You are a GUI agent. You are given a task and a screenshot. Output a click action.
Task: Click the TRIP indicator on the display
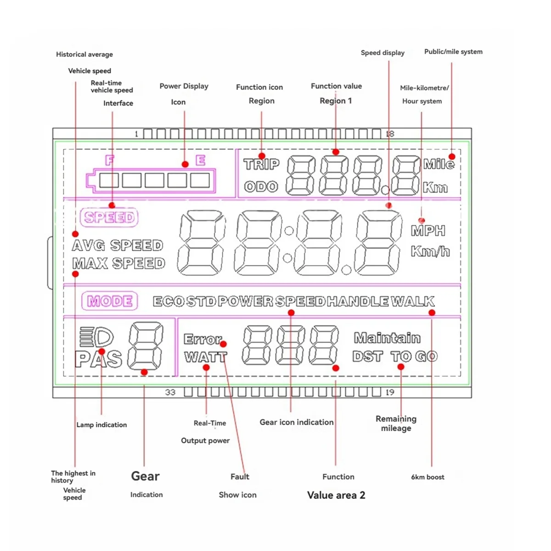pyautogui.click(x=261, y=164)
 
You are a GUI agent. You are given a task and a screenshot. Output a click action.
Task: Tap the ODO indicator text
pyautogui.click(x=261, y=186)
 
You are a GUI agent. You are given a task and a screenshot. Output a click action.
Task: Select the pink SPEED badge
pyautogui.click(x=109, y=217)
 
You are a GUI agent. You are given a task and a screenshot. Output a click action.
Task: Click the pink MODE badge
pyautogui.click(x=110, y=301)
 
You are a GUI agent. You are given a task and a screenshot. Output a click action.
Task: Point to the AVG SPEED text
pyautogui.click(x=118, y=245)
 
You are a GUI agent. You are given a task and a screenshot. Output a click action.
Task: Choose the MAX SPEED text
pyautogui.click(x=118, y=264)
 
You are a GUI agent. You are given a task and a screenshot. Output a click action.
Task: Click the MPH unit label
pyautogui.click(x=428, y=231)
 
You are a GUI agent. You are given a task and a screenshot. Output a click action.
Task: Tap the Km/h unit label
pyautogui.click(x=430, y=251)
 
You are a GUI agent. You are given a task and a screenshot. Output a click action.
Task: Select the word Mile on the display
pyautogui.click(x=439, y=164)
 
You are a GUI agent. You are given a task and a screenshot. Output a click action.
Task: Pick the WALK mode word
pyautogui.click(x=412, y=301)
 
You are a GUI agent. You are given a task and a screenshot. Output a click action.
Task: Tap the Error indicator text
pyautogui.click(x=202, y=339)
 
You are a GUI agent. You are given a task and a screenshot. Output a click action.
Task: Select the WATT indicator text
pyautogui.click(x=205, y=357)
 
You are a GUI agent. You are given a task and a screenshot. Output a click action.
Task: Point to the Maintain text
pyautogui.click(x=387, y=338)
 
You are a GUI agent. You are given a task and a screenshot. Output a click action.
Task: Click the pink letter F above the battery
pyautogui.click(x=109, y=160)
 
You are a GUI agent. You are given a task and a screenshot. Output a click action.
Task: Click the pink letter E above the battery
pyautogui.click(x=200, y=160)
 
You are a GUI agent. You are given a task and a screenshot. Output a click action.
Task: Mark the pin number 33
pyautogui.click(x=170, y=392)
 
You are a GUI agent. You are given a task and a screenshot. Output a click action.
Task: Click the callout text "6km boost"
pyautogui.click(x=427, y=477)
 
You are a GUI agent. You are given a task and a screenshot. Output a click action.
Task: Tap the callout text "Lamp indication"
pyautogui.click(x=101, y=425)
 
